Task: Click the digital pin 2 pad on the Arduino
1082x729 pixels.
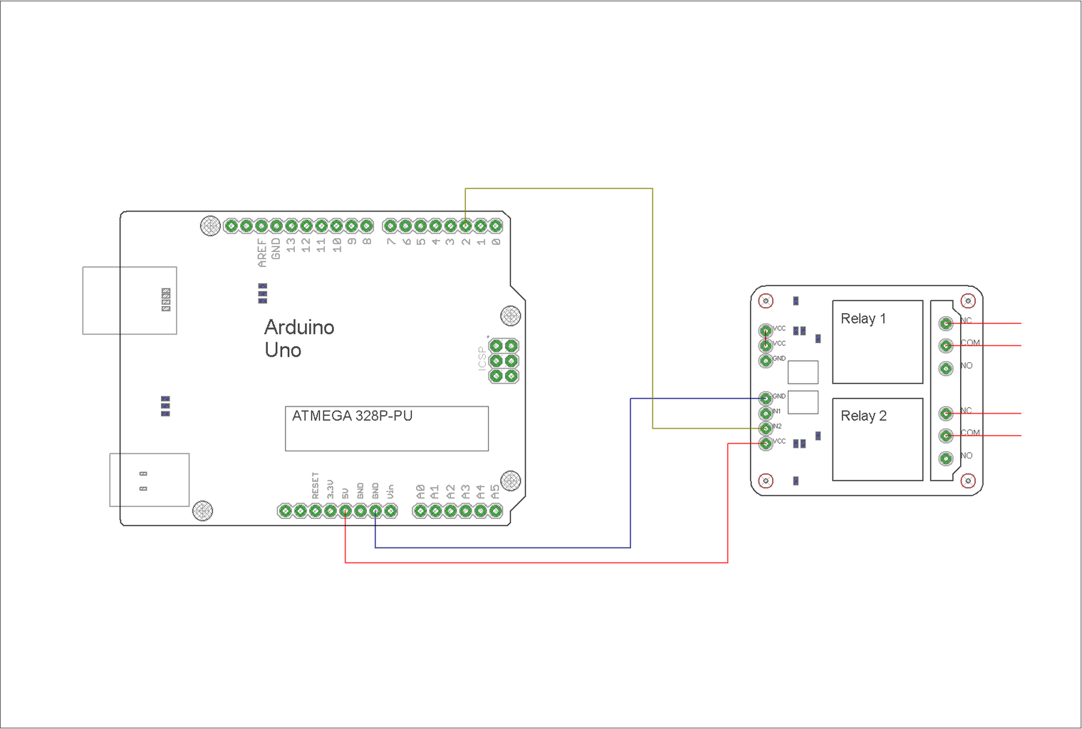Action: coord(465,226)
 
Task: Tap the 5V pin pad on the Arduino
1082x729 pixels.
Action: coord(345,510)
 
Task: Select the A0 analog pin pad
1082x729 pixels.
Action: coord(420,510)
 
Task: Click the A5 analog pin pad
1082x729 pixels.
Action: coord(496,510)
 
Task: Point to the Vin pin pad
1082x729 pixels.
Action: coord(390,510)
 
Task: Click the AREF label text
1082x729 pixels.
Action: coord(261,253)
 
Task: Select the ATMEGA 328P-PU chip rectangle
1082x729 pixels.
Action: coord(386,429)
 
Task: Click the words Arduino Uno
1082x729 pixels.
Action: coord(298,338)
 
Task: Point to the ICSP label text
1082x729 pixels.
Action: coord(482,357)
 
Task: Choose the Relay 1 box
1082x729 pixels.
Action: coord(877,342)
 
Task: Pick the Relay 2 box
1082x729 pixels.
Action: coord(877,439)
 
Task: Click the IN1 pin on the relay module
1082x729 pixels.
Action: coord(766,412)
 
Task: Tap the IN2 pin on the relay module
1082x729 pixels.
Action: coord(766,428)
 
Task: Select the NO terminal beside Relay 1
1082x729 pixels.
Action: coord(946,368)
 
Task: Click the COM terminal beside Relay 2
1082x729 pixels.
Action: coord(946,435)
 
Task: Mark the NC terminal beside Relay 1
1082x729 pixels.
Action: coord(946,323)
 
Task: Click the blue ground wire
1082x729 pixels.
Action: coord(630,484)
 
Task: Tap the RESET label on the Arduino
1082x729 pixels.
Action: coord(315,486)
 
